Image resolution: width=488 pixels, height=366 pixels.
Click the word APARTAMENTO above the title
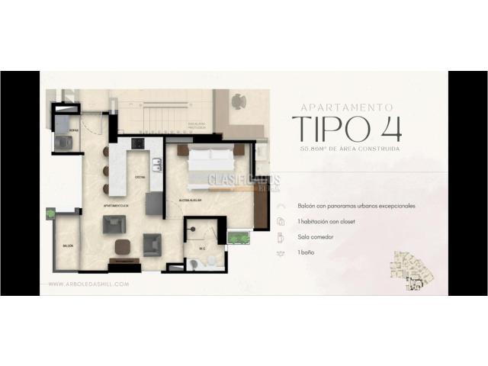click(x=347, y=108)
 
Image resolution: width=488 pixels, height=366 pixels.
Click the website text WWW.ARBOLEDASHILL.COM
click(x=88, y=284)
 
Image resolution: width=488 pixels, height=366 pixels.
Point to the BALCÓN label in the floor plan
click(x=68, y=246)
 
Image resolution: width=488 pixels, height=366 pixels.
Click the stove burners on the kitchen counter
click(x=138, y=143)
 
